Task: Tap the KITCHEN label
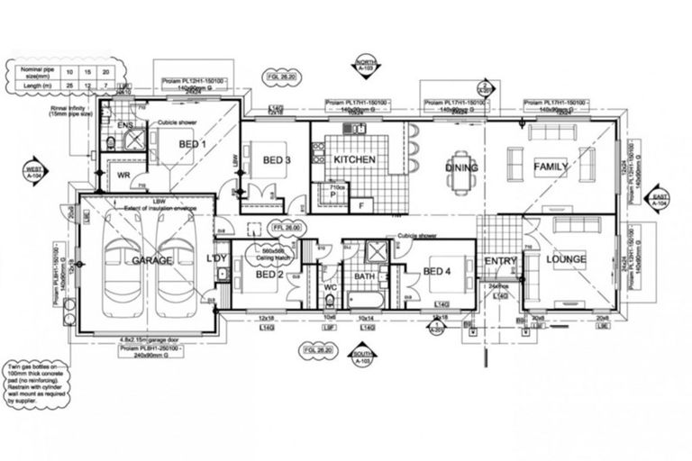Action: (x=354, y=160)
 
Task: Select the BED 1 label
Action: (x=192, y=144)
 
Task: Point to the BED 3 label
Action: (x=277, y=160)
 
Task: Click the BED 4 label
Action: (x=437, y=270)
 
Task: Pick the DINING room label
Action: (x=460, y=167)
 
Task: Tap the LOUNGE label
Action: (x=565, y=259)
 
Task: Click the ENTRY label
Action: (x=499, y=261)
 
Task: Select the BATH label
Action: (x=364, y=276)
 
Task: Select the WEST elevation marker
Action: (x=34, y=173)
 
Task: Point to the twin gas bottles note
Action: (x=35, y=388)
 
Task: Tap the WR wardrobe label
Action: (x=126, y=176)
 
